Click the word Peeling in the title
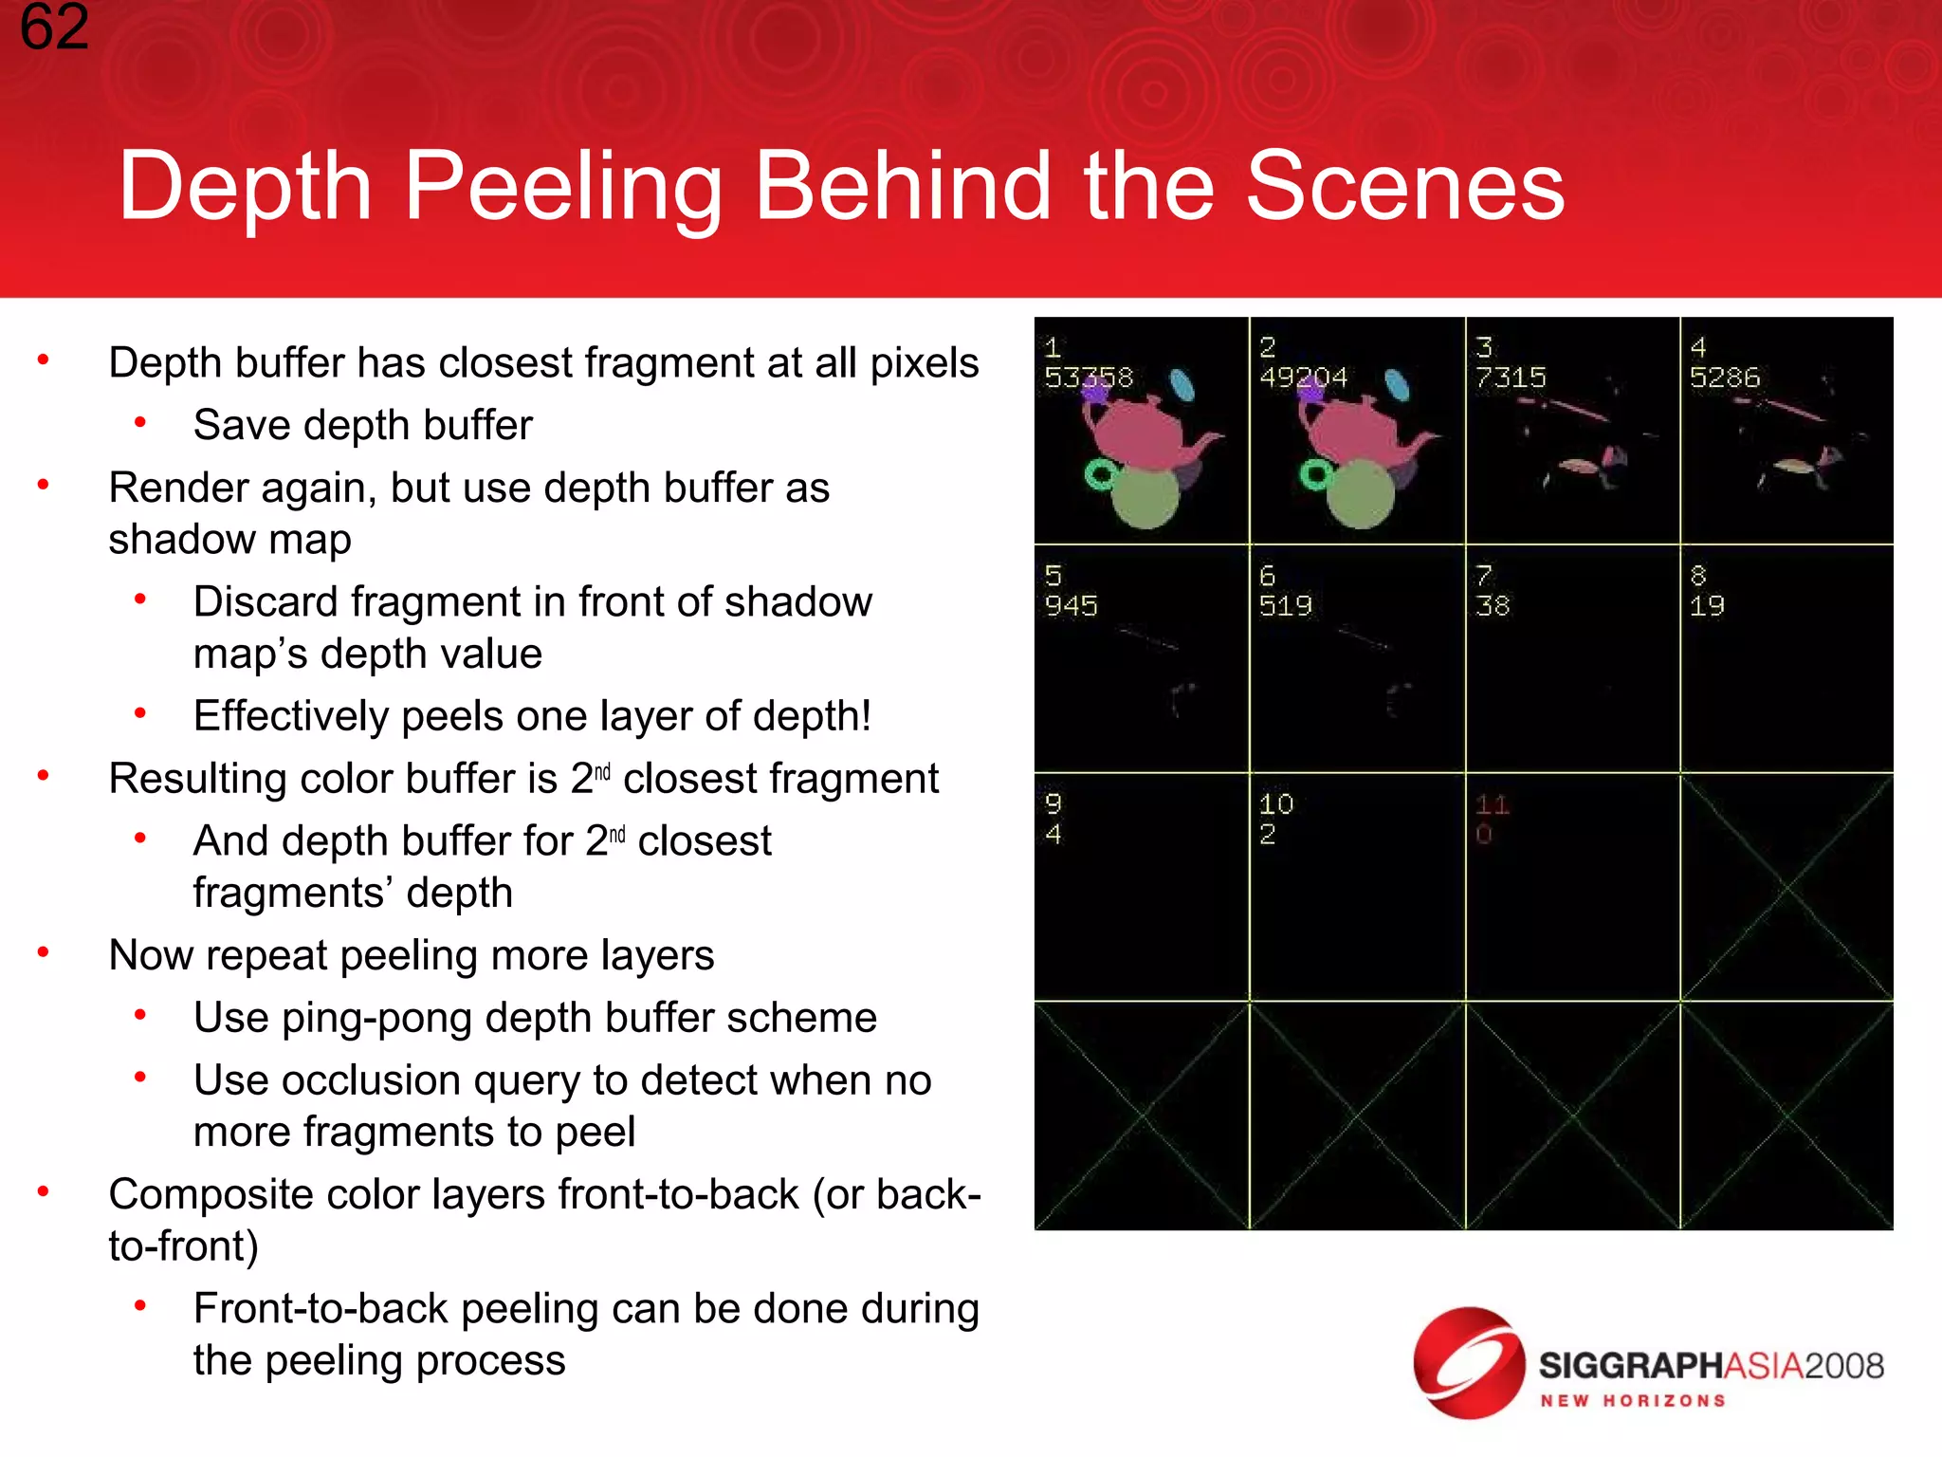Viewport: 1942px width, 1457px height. [x=563, y=188]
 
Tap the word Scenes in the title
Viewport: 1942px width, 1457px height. [x=1404, y=188]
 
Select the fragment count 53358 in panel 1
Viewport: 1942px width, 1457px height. [x=1089, y=378]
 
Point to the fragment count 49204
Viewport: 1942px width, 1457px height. [x=1303, y=378]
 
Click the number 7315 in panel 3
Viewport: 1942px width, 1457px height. [x=1511, y=378]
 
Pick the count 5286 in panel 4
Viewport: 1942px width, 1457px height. [x=1724, y=378]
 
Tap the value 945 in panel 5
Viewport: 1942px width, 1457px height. [x=1071, y=605]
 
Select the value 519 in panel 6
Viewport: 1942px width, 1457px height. [x=1285, y=605]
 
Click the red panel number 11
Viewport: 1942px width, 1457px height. [x=1492, y=805]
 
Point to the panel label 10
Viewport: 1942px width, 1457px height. [x=1276, y=805]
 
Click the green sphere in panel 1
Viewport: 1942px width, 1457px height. [x=1145, y=497]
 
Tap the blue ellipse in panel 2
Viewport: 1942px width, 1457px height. [x=1397, y=385]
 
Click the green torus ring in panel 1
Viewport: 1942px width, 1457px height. [x=1100, y=475]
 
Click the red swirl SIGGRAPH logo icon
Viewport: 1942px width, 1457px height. [x=1468, y=1363]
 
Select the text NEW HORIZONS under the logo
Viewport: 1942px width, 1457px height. [x=1632, y=1401]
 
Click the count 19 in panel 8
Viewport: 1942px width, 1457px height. [x=1707, y=605]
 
